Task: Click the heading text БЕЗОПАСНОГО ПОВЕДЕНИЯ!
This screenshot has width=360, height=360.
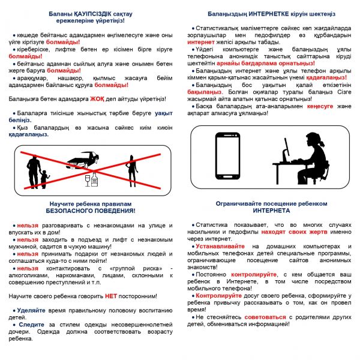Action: (91, 211)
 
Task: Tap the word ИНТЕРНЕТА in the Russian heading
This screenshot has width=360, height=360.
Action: (271, 211)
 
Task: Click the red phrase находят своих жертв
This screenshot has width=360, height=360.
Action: (291, 231)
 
